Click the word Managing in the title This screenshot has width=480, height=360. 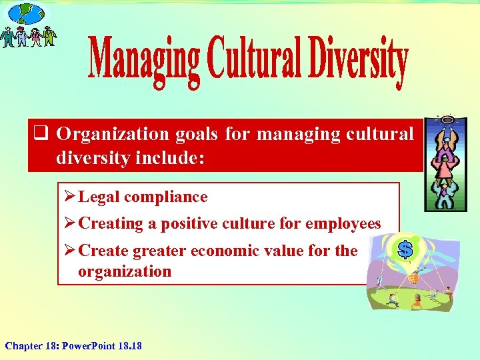143,61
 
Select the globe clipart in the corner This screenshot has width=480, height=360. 27,13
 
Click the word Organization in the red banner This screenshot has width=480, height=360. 113,133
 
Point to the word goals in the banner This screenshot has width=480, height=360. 197,133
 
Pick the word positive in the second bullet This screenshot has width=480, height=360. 183,223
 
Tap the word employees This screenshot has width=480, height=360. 343,223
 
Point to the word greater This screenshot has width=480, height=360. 159,251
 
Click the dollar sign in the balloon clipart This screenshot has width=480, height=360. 404,249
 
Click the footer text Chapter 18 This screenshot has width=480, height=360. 29,345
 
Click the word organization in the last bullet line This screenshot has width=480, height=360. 125,271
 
